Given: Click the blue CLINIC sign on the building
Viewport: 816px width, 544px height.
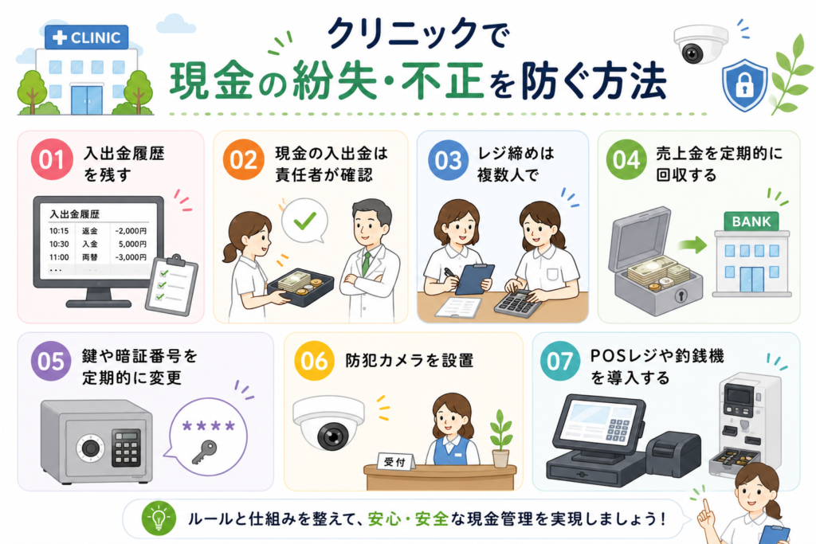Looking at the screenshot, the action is coord(86,37).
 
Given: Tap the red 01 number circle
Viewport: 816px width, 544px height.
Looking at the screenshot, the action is coord(51,159).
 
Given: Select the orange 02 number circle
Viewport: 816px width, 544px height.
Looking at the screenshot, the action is coord(243,159).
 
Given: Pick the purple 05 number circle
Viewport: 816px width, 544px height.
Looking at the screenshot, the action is coord(50,362).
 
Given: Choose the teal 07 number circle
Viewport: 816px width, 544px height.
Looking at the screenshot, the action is coord(559,362).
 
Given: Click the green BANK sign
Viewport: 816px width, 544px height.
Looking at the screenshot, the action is coord(751,221).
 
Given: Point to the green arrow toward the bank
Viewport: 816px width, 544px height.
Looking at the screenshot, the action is coord(692,245).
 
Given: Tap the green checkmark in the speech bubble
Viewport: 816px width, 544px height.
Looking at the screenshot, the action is coord(304,221).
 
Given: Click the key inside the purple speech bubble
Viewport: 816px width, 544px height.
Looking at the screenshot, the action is coord(204,452).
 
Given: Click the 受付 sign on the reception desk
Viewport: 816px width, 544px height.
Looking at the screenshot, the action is coord(395,461).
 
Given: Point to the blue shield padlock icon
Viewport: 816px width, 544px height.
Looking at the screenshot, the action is coord(745,85).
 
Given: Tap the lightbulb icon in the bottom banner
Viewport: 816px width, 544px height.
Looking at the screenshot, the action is coord(159,519).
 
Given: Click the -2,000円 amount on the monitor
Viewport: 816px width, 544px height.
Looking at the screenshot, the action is coord(131,231).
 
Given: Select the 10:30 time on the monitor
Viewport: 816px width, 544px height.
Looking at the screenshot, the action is coord(59,244).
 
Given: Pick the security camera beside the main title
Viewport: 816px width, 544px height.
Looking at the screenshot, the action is coord(700,45).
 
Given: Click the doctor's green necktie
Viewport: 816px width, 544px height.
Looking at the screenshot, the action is coord(367,264).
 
